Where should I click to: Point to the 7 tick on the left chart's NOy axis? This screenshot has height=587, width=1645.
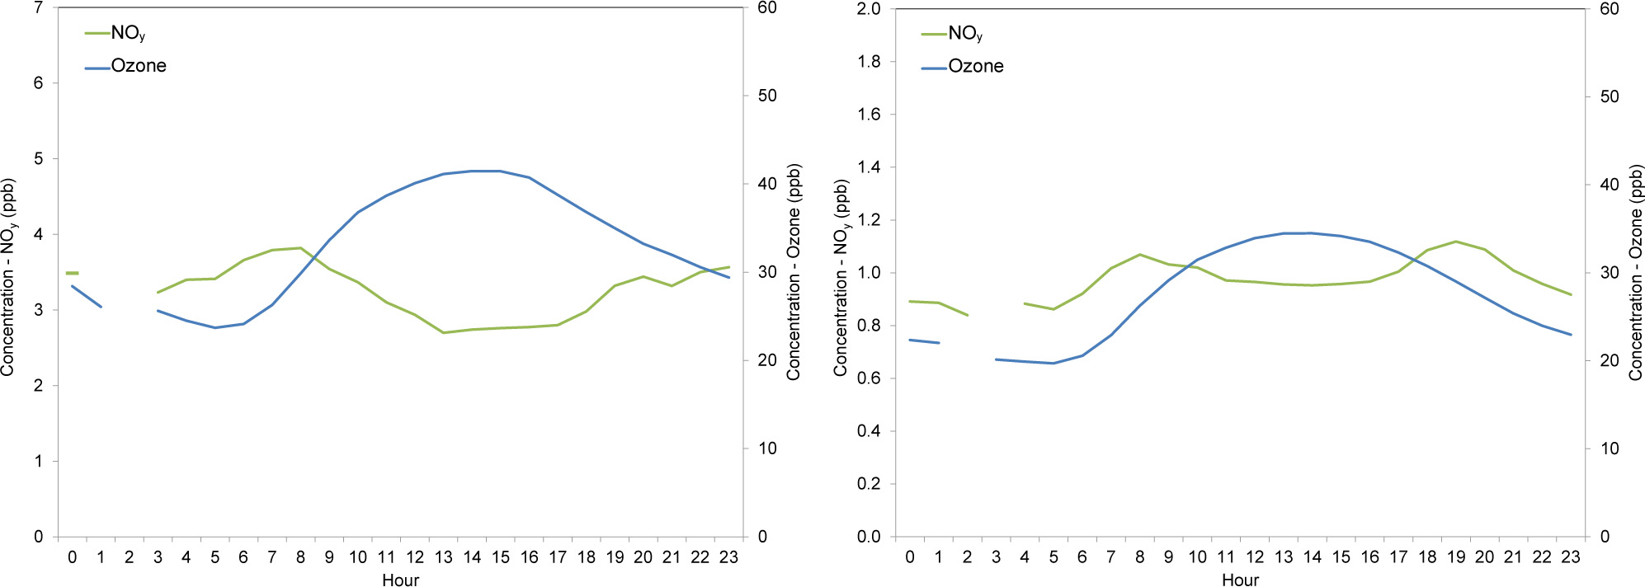[x=38, y=8]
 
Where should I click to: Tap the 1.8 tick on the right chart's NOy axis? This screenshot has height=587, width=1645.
[x=869, y=62]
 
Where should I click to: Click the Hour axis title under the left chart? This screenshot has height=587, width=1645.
[x=400, y=580]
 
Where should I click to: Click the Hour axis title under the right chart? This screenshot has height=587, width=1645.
[x=1240, y=580]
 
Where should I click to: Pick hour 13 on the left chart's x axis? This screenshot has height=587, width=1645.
[x=444, y=557]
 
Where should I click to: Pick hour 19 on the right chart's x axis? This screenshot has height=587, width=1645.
[x=1456, y=557]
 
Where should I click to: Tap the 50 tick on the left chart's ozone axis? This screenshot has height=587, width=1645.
[x=767, y=96]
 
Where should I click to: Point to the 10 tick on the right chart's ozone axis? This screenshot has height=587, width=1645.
[x=1610, y=448]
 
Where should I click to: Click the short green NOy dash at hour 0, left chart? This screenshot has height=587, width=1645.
[x=72, y=273]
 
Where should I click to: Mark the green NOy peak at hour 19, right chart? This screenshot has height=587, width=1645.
[x=1456, y=242]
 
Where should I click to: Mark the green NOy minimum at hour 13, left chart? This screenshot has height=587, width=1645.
[x=444, y=332]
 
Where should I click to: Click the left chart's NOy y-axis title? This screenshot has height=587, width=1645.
[x=8, y=278]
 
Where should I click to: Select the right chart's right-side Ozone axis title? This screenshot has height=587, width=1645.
[x=1635, y=273]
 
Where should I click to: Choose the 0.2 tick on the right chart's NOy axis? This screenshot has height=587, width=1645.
[x=869, y=484]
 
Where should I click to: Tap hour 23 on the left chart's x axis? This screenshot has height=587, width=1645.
[x=728, y=557]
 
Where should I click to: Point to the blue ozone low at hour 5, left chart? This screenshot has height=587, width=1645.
[x=214, y=327]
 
